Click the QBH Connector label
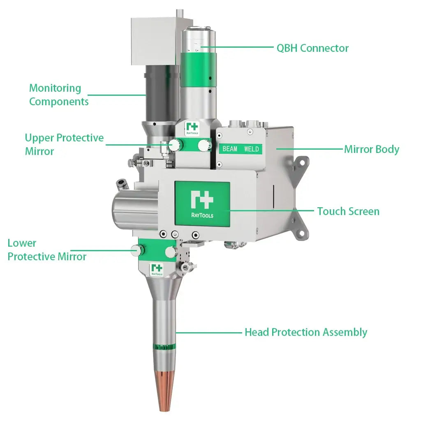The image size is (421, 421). (312, 48)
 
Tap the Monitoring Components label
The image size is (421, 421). (58, 95)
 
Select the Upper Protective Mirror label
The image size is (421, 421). (64, 144)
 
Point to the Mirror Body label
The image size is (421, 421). (372, 149)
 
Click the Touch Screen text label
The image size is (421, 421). (348, 211)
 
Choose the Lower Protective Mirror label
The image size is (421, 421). (47, 250)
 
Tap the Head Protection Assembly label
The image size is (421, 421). (306, 332)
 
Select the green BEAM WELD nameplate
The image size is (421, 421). (241, 149)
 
